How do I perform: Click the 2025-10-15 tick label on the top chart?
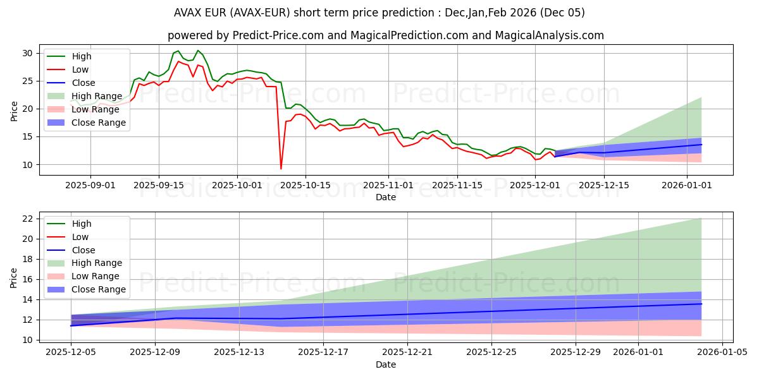click(x=305, y=185)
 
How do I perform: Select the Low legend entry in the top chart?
click(x=80, y=69)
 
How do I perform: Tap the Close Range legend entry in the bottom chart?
click(x=98, y=289)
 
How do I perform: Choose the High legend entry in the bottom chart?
click(x=81, y=224)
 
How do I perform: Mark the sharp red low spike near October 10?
click(x=281, y=168)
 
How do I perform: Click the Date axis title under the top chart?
click(x=386, y=197)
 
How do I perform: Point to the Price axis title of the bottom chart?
click(x=14, y=279)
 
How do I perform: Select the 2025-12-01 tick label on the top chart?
click(x=535, y=185)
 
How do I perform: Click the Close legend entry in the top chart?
click(x=83, y=83)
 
